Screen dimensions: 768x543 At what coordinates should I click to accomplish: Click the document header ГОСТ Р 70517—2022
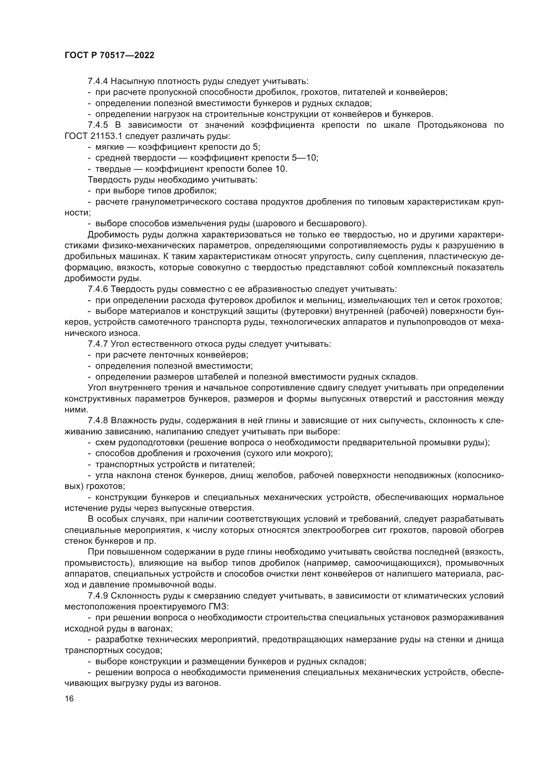point(109,55)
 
